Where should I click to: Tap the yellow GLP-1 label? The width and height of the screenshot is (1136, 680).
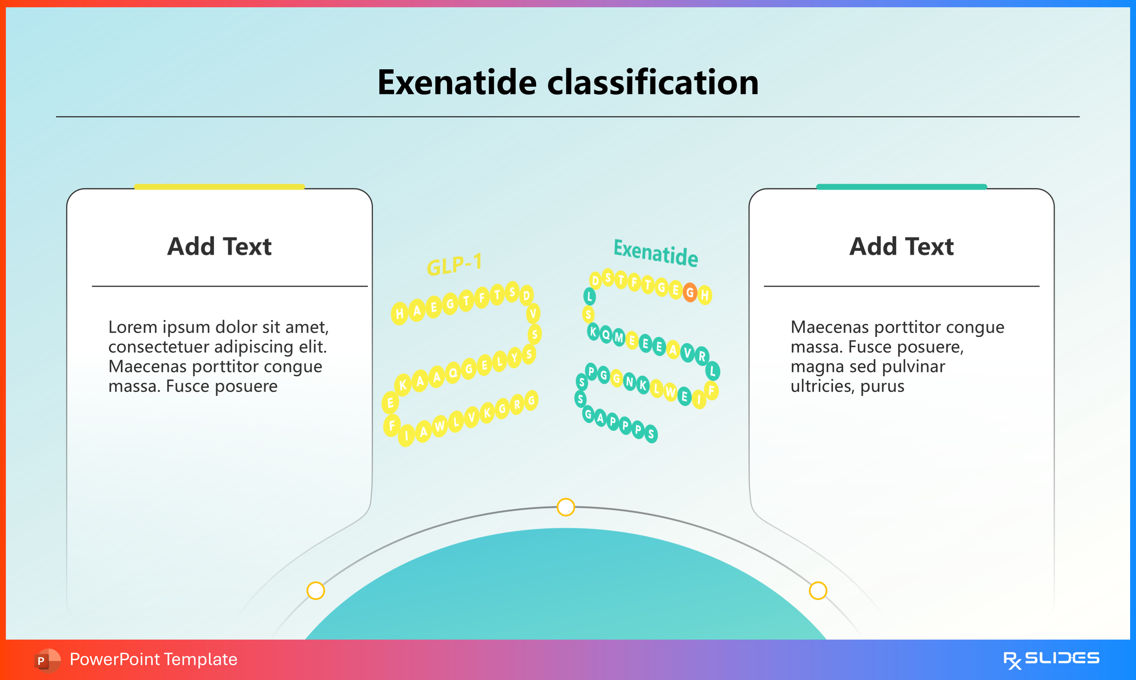454,265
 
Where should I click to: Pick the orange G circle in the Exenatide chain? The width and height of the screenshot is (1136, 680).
690,292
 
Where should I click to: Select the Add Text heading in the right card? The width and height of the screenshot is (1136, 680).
901,247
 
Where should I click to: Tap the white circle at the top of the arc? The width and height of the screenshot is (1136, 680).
566,507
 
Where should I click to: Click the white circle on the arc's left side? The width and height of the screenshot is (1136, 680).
316,591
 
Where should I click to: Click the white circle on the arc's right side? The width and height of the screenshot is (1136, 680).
818,591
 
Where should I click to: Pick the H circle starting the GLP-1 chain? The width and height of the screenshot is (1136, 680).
400,314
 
